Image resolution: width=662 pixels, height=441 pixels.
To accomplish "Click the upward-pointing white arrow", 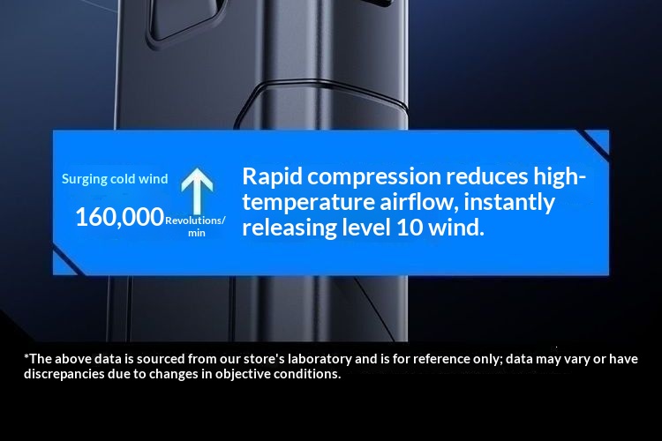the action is click(197, 190).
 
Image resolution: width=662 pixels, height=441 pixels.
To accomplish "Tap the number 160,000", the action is click(119, 217).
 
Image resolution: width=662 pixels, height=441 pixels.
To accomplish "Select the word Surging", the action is click(84, 179).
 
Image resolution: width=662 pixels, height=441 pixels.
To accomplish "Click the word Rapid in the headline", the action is click(273, 176).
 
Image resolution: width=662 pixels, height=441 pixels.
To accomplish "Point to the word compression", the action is click(374, 177).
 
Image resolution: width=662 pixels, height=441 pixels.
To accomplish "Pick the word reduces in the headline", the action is click(486, 176).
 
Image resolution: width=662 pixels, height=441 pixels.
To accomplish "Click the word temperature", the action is click(308, 203).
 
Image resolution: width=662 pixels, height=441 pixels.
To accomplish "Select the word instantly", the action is click(509, 203).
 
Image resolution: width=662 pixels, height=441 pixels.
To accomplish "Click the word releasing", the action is click(290, 228).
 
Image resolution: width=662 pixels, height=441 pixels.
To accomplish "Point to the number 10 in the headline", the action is click(410, 228).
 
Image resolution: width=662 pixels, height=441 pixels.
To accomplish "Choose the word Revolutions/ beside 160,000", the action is click(195, 220).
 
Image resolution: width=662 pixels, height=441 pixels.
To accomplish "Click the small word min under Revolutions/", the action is click(196, 233).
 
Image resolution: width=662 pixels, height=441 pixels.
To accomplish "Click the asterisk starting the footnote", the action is click(26, 357).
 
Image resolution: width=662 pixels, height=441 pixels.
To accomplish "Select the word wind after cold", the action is click(154, 179).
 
